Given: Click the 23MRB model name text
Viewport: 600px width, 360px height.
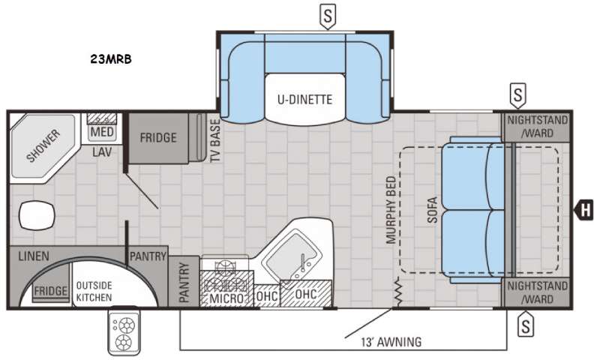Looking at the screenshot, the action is pyautogui.click(x=111, y=59).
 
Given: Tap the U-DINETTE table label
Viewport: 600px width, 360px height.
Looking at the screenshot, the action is pyautogui.click(x=304, y=100).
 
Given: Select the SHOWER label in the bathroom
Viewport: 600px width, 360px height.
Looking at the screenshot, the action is pyautogui.click(x=43, y=145).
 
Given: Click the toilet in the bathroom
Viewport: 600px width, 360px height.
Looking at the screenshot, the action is pyautogui.click(x=37, y=215).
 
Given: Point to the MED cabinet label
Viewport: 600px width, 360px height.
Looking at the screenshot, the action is pyautogui.click(x=102, y=132).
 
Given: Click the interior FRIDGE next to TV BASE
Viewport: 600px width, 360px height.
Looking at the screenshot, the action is pyautogui.click(x=158, y=138).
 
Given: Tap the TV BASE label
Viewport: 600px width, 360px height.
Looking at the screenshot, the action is pyautogui.click(x=215, y=140).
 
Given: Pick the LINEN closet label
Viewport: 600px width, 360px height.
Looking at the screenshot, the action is pyautogui.click(x=34, y=256).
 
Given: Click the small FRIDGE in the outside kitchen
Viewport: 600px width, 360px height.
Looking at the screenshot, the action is pyautogui.click(x=50, y=292).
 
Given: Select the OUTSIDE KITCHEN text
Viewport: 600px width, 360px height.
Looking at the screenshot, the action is pyautogui.click(x=94, y=292).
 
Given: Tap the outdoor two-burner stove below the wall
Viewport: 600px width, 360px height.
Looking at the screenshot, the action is pyautogui.click(x=124, y=331).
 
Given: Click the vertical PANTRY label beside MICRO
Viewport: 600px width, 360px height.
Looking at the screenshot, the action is pyautogui.click(x=184, y=282).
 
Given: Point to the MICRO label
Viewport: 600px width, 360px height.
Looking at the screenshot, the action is pyautogui.click(x=226, y=298).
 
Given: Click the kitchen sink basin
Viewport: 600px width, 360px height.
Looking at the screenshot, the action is pyautogui.click(x=293, y=256).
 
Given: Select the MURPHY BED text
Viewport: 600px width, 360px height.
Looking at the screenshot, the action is pyautogui.click(x=391, y=210).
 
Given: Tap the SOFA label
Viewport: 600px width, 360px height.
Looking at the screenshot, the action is pyautogui.click(x=433, y=210).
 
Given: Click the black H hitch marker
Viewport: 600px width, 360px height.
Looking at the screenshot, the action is pyautogui.click(x=584, y=210).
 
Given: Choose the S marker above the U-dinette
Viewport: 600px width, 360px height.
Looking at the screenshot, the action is pyautogui.click(x=328, y=16).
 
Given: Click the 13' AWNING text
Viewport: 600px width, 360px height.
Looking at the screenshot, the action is pyautogui.click(x=391, y=342).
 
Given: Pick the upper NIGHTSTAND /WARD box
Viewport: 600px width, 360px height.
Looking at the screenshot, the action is pyautogui.click(x=537, y=127).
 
